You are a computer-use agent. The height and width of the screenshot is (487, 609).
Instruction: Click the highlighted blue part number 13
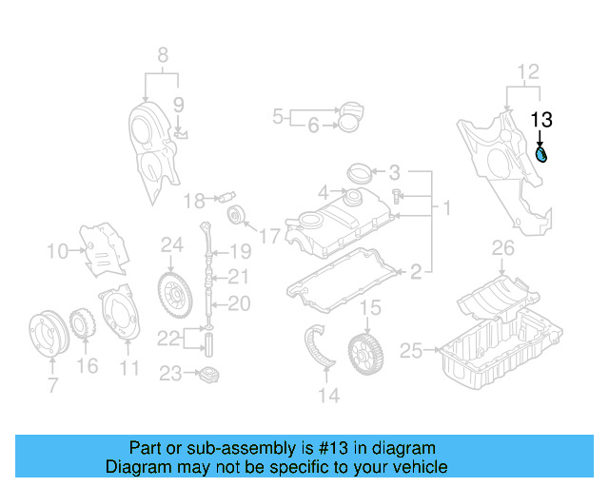(x=541, y=154)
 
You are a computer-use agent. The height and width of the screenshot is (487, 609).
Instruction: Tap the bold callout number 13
(x=541, y=120)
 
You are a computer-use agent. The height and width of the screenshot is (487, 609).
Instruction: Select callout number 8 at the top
(x=162, y=53)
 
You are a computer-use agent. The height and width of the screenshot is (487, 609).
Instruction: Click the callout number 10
(x=57, y=251)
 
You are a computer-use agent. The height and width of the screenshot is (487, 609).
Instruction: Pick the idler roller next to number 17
(x=233, y=216)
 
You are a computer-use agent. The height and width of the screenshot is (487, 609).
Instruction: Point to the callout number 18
(x=194, y=200)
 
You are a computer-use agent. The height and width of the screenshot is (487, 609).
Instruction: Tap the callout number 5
(x=278, y=117)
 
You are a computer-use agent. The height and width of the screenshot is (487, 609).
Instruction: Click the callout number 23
(x=169, y=374)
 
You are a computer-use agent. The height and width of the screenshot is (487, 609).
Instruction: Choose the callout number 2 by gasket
(x=415, y=273)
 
